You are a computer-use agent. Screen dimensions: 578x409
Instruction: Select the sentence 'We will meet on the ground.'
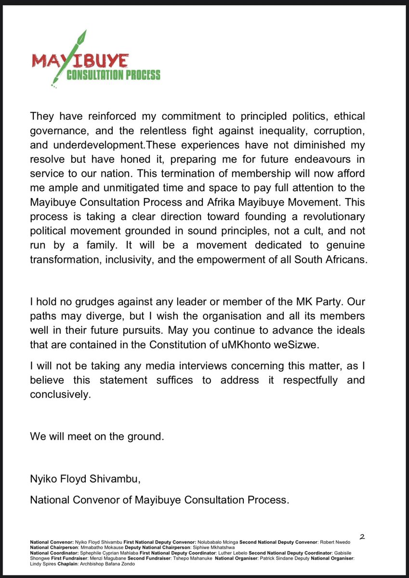pos(97,437)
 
